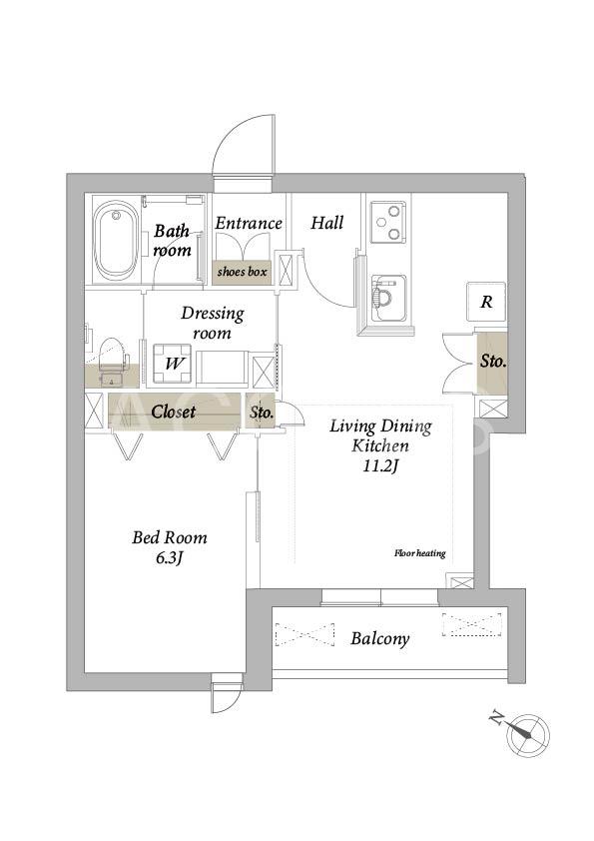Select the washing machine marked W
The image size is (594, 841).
click(x=173, y=364)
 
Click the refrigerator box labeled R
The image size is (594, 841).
click(x=486, y=302)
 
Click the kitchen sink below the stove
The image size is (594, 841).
click(x=388, y=298)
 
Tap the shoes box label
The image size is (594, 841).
click(x=242, y=272)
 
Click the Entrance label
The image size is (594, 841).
click(x=249, y=223)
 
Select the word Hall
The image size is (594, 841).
click(x=327, y=223)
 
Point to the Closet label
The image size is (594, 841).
click(x=173, y=412)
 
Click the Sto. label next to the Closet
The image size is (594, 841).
click(x=263, y=413)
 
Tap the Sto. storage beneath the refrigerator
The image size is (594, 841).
click(x=493, y=362)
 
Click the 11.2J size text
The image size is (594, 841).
click(x=380, y=466)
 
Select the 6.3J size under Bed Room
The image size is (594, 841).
click(x=170, y=558)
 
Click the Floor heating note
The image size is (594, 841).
click(x=420, y=553)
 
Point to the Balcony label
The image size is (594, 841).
click(x=380, y=639)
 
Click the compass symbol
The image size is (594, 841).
click(x=528, y=735)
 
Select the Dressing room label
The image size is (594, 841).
click(x=213, y=323)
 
